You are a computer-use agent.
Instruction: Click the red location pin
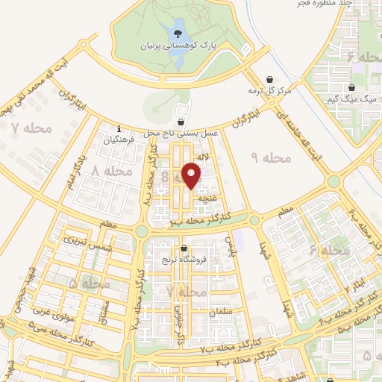point(192,175)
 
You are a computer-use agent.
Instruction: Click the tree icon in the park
point(178,33)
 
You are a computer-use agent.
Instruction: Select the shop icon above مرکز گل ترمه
point(269,80)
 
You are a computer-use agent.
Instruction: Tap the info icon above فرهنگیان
point(119,128)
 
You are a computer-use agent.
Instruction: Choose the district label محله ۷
point(32,128)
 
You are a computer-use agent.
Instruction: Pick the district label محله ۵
point(89,284)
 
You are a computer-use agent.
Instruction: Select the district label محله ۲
point(187,292)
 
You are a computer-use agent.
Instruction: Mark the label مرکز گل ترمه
point(269,91)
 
